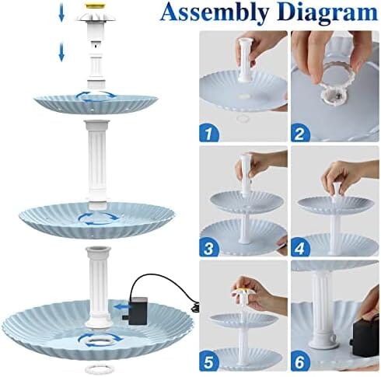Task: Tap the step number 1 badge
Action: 209,133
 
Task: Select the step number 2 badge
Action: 300,133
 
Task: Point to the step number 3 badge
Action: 209,247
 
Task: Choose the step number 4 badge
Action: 300,247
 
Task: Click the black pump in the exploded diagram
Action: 138,311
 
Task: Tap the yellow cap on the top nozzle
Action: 96,6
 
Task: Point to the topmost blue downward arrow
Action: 61,15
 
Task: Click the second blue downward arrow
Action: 61,52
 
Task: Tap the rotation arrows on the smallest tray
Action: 96,96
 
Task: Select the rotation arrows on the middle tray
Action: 99,218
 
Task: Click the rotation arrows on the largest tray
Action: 100,340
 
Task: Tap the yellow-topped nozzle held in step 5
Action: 244,295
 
